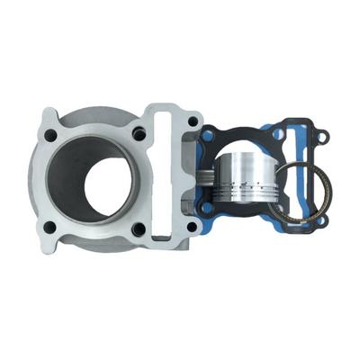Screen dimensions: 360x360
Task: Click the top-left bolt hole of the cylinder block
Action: pyautogui.click(x=51, y=135)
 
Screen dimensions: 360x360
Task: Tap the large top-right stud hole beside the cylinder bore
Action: pyautogui.click(x=139, y=134)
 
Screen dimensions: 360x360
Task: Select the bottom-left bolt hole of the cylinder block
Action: pyautogui.click(x=51, y=229)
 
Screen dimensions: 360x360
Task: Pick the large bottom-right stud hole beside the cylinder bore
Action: pyautogui.click(x=139, y=229)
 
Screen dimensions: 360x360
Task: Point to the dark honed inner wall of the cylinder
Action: pyautogui.click(x=70, y=180)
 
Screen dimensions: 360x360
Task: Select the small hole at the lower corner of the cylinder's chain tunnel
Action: pyautogui.click(x=191, y=227)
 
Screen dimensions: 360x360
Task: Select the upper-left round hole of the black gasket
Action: pyautogui.click(x=209, y=138)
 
